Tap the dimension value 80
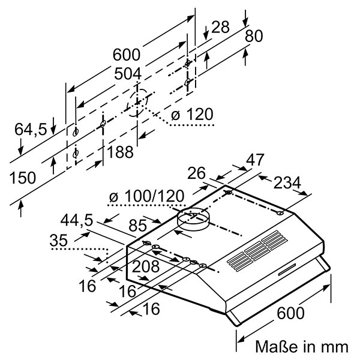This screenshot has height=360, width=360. pos(254,36)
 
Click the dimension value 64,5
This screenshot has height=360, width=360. pos(31,128)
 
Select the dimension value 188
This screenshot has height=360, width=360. pos(120,153)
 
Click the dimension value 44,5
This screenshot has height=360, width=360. pos(77,221)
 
